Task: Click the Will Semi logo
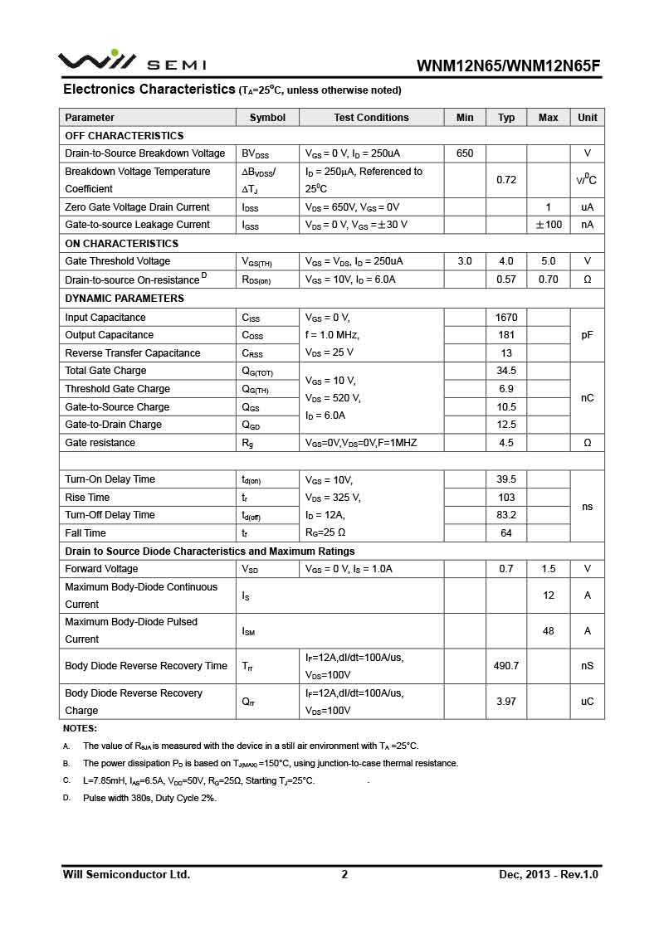[x=131, y=62]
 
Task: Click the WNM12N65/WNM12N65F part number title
[x=507, y=66]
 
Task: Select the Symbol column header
[x=267, y=118]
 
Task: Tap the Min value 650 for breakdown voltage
[x=465, y=153]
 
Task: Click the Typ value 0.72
[x=506, y=180]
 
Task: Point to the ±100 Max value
[x=548, y=225]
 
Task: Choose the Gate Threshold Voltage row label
[x=118, y=261]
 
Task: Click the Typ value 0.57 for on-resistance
[x=506, y=279]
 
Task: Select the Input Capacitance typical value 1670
[x=506, y=318]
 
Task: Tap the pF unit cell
[x=587, y=335]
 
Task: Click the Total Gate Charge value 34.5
[x=506, y=371]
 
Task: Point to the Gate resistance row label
[x=100, y=443]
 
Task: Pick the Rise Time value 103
[x=506, y=498]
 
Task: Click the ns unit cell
[x=587, y=507]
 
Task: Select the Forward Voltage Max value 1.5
[x=548, y=569]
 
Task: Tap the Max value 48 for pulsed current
[x=548, y=631]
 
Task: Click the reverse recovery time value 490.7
[x=506, y=666]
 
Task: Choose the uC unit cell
[x=587, y=702]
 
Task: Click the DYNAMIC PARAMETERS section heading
[x=124, y=299]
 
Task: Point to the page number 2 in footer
[x=344, y=874]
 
